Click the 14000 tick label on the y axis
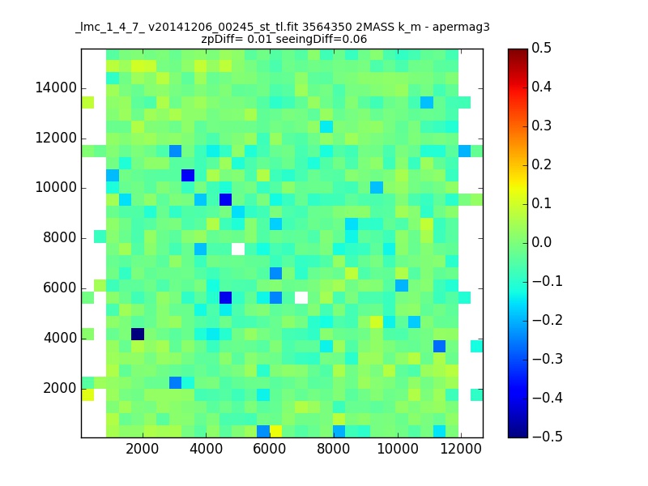[56, 87]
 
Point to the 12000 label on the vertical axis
[56, 138]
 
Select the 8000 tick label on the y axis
[60, 237]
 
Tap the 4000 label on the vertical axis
[60, 338]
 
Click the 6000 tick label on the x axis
[270, 449]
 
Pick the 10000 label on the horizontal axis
[397, 449]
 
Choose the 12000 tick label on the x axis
[461, 449]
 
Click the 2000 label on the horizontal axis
[143, 449]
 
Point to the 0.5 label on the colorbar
[541, 48]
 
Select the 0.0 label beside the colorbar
[541, 242]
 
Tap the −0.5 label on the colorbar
[548, 437]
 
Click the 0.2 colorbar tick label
[541, 164]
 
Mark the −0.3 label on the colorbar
[548, 359]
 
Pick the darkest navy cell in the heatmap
[138, 334]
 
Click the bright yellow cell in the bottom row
[275, 432]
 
